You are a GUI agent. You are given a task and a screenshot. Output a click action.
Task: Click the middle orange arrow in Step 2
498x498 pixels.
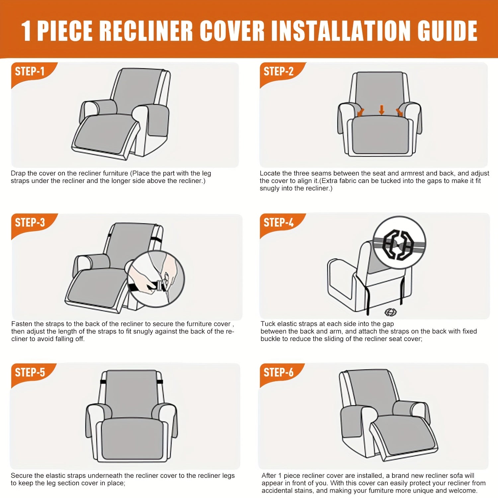pos(381,110)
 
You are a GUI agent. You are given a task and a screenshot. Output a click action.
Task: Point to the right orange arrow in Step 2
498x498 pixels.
pos(399,112)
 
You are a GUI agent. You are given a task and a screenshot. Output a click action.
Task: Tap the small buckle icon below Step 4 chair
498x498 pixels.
pos(390,312)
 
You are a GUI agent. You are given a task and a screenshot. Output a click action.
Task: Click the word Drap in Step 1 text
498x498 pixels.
pos(19,173)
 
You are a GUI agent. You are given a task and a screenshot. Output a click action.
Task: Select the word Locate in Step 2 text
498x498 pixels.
pos(270,173)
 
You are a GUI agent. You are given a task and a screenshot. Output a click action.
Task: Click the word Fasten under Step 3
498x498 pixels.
pos(22,324)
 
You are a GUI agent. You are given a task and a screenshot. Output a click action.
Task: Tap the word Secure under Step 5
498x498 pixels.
pos(22,476)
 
